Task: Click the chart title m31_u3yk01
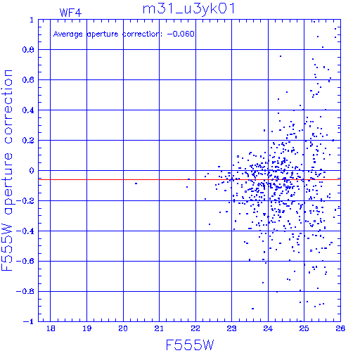(188, 10)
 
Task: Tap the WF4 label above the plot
(70, 13)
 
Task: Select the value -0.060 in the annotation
(181, 34)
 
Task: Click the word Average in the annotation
(68, 34)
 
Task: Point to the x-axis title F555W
(190, 345)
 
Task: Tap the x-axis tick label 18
(51, 328)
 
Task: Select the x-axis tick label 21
(159, 328)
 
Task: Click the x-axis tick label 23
(231, 328)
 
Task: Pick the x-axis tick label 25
(304, 328)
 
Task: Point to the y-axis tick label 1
(32, 20)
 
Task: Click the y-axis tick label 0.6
(28, 80)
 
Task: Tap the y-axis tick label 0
(32, 170)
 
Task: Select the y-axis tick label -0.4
(25, 231)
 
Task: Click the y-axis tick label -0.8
(25, 291)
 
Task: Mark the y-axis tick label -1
(28, 321)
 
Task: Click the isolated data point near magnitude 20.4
(136, 184)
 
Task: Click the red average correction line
(189, 179)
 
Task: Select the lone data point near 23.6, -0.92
(252, 309)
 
